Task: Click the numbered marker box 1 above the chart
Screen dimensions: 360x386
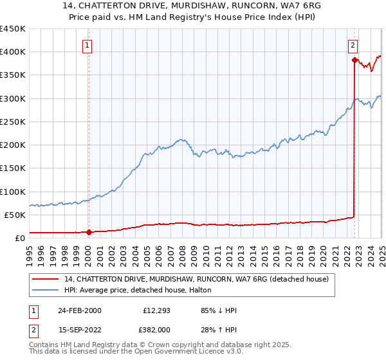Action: click(87, 45)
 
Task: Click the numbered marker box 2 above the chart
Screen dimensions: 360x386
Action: click(353, 45)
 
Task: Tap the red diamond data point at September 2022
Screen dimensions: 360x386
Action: click(354, 60)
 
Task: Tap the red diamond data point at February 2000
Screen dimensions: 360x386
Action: click(89, 232)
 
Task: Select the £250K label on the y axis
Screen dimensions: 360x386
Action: click(13, 122)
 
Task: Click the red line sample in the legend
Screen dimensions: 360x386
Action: click(46, 279)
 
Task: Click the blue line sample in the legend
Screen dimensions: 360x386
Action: click(46, 290)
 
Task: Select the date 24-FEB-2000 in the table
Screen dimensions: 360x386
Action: click(79, 310)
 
